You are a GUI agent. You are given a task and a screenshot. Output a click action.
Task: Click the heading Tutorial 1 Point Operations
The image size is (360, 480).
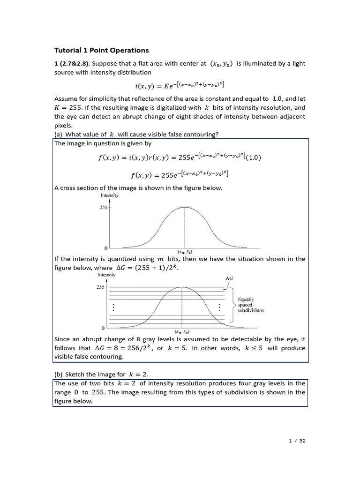pyautogui.click(x=101, y=50)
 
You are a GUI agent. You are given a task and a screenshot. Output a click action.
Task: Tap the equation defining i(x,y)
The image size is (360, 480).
pyautogui.click(x=180, y=85)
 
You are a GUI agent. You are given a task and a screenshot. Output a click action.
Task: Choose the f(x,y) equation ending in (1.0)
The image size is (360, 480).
pyautogui.click(x=180, y=158)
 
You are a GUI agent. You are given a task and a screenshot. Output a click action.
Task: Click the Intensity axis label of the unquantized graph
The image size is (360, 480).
pyautogui.click(x=110, y=195)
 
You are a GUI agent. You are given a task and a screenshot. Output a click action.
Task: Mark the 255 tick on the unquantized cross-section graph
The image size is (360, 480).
pyautogui.click(x=104, y=207)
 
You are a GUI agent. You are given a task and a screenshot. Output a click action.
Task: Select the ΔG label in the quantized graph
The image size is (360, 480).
pyautogui.click(x=229, y=278)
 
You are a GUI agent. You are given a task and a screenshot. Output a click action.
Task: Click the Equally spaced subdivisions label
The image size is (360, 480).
pyautogui.click(x=251, y=305)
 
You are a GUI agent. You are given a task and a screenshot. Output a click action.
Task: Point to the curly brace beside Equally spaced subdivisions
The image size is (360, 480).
pyautogui.click(x=233, y=305)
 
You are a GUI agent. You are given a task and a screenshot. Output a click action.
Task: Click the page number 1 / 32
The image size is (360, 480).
pyautogui.click(x=296, y=441)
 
